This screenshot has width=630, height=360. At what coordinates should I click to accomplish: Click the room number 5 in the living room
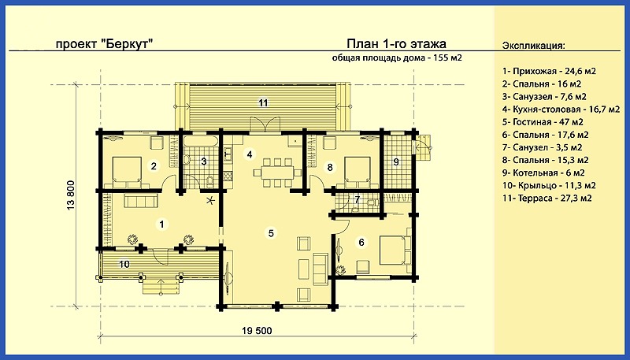pos(271,233)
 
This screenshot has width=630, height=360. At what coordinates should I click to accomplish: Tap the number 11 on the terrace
pos(263,103)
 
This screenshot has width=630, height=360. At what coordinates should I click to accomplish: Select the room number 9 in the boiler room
pos(396,162)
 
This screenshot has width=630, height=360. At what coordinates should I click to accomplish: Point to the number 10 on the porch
pos(124,264)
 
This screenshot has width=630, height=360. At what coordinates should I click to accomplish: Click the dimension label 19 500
pos(258,331)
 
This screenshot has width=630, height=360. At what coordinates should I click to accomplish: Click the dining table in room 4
pos(277,173)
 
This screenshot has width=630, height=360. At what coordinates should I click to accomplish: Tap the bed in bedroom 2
pos(126,173)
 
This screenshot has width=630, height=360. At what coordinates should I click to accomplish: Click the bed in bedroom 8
pos(358,173)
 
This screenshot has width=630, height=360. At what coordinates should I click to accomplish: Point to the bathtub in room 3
pos(201,141)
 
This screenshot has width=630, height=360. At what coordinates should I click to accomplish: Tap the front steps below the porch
pos(161,288)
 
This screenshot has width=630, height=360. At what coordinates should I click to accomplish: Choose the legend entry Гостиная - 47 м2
pos(543,122)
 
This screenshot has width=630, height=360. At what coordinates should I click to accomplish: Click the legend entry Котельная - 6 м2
pos(543,173)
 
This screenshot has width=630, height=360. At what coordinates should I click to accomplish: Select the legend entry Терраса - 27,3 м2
pos(547,198)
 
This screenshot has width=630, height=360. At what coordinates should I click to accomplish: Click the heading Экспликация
pos(533,45)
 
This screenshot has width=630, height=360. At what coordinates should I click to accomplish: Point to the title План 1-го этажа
pos(396,43)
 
